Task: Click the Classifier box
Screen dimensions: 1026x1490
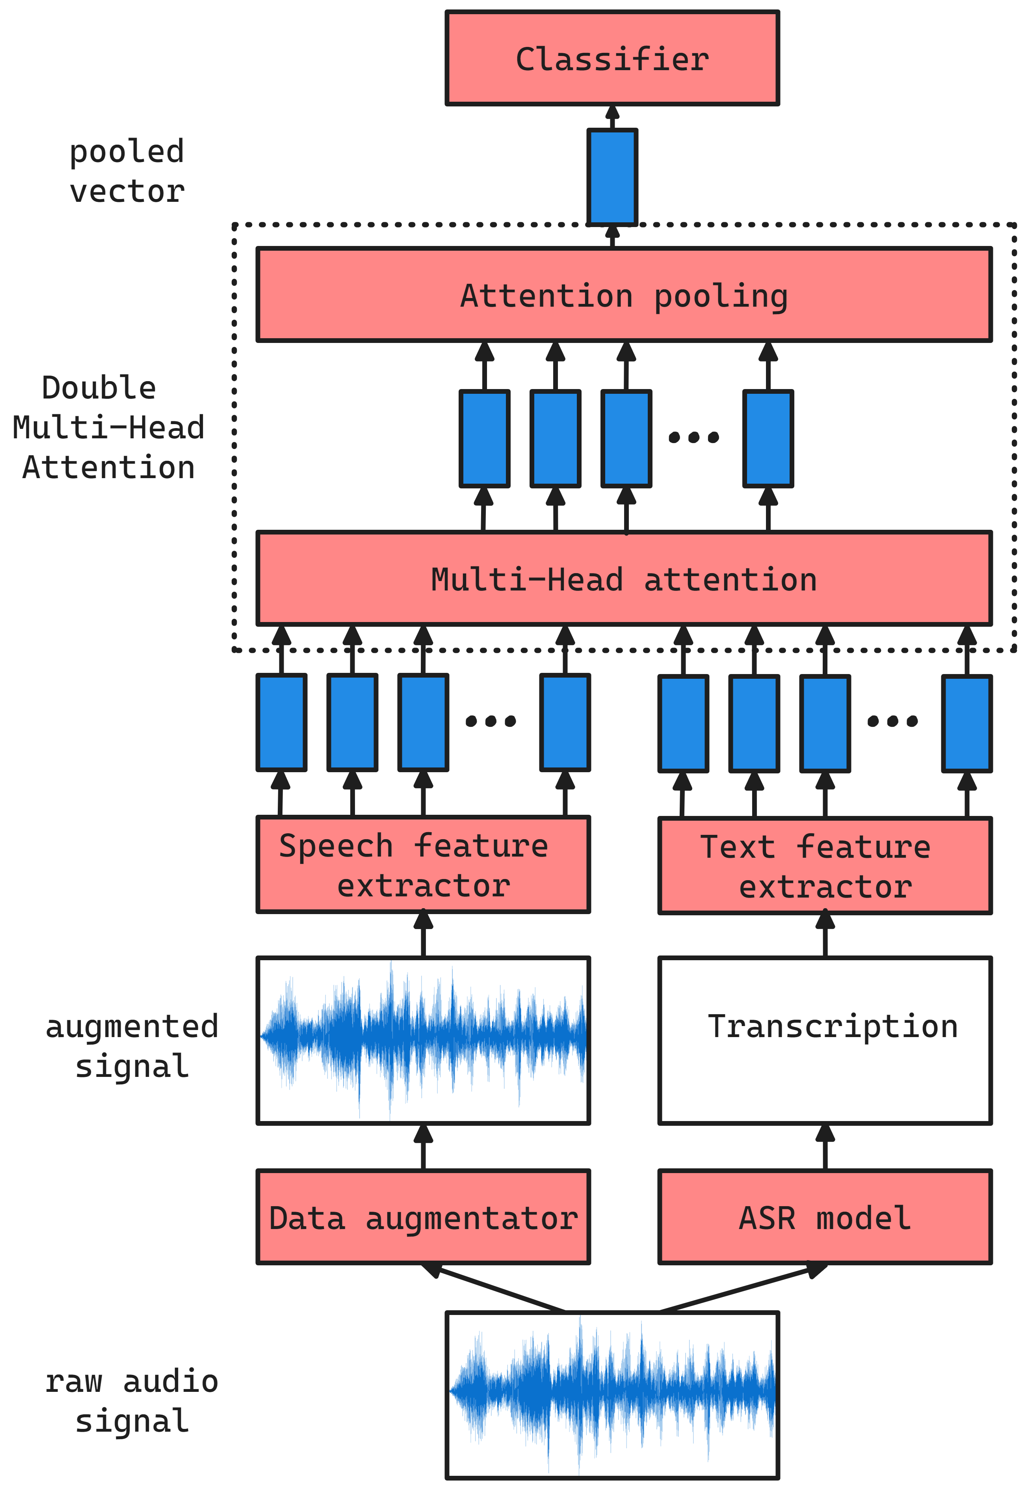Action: click(x=612, y=58)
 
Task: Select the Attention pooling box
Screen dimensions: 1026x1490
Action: click(x=624, y=294)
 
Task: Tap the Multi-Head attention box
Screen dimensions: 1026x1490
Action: click(x=624, y=578)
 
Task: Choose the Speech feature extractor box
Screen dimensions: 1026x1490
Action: click(x=423, y=864)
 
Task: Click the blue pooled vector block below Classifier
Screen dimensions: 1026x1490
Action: click(x=612, y=177)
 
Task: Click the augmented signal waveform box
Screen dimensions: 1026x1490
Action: click(x=423, y=1041)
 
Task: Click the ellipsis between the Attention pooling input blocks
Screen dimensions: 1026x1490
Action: click(x=693, y=437)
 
